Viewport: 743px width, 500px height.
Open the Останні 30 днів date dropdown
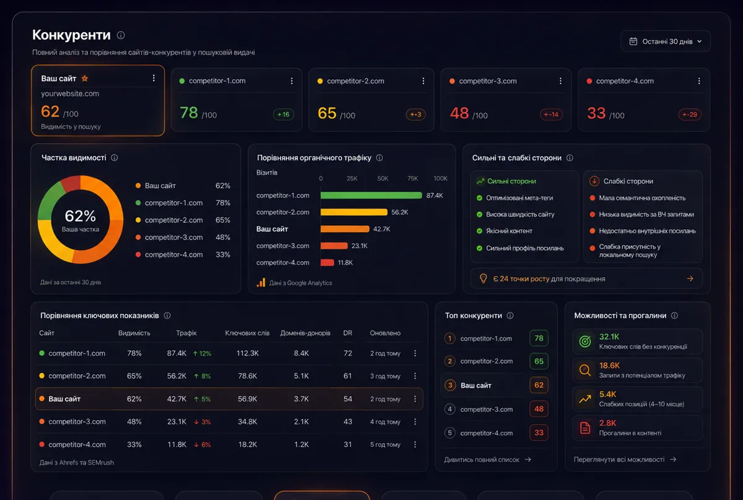click(666, 41)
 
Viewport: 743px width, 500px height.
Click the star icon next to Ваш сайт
click(85, 78)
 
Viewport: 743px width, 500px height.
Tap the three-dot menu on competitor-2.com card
click(424, 81)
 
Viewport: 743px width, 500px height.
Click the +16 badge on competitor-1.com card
click(284, 114)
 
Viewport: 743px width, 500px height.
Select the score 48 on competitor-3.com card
click(459, 113)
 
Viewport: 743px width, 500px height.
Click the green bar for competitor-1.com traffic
click(371, 196)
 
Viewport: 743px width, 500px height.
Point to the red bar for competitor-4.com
click(327, 262)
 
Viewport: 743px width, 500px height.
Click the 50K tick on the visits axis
click(383, 178)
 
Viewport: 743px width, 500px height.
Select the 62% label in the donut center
click(80, 216)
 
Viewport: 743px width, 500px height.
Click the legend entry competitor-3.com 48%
click(183, 238)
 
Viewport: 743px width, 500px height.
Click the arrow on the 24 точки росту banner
click(690, 278)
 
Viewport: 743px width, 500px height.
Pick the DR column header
click(347, 333)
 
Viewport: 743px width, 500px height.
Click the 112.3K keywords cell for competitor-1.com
click(248, 353)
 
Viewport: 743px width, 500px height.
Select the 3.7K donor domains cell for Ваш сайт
click(301, 399)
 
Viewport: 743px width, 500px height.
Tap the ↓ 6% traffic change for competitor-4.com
click(202, 445)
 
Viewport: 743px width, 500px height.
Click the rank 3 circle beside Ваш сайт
click(450, 386)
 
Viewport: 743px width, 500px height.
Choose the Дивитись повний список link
click(488, 460)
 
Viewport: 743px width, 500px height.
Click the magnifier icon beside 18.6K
click(584, 370)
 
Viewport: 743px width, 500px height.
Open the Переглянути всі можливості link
click(625, 460)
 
